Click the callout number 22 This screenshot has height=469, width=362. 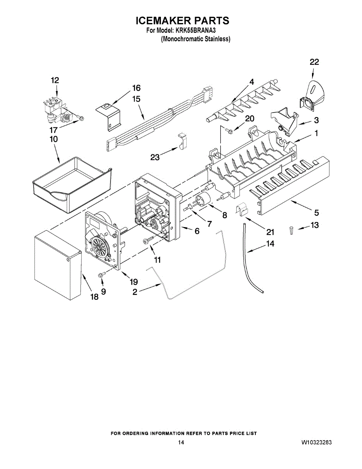tap(314, 62)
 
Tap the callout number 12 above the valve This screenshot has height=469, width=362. tap(55, 80)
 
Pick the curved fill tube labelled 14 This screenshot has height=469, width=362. tap(250, 262)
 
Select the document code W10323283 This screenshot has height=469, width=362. tap(317, 442)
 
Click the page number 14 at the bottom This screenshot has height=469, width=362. tap(181, 442)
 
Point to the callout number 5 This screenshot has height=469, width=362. tap(316, 213)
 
